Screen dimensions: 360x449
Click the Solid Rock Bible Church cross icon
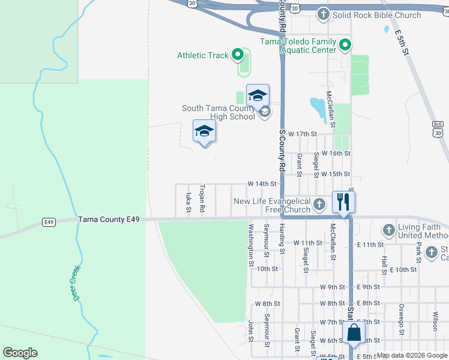324,14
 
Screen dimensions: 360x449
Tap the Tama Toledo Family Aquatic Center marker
345,45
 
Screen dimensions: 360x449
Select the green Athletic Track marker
237,56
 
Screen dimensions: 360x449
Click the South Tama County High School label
219,112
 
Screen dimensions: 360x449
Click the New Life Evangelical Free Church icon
319,205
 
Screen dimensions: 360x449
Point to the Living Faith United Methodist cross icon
388,230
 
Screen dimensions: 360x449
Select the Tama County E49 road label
109,220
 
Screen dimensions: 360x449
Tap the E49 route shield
49,222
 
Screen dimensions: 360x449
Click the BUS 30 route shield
438,128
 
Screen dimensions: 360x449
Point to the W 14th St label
262,184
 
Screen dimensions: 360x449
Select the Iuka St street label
188,202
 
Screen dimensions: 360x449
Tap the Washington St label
250,244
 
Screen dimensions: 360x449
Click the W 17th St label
302,134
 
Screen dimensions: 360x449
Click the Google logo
20,353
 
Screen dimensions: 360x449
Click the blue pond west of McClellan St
318,109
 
